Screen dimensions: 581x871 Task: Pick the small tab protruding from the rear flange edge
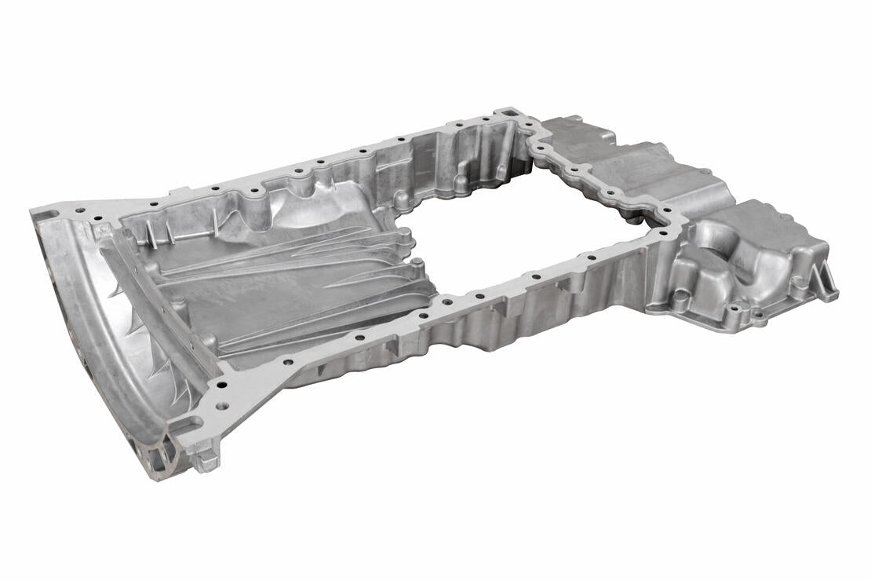coord(180,190)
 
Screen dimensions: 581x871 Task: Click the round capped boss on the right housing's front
coord(681,296)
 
